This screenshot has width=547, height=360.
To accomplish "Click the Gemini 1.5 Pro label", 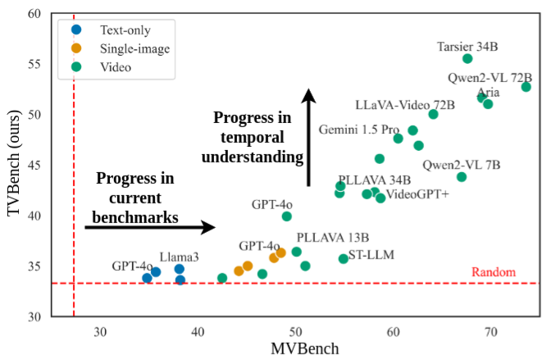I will point(358,130).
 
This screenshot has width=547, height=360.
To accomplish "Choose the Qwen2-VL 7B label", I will point(462,164).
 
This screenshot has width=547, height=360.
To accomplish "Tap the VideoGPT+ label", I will point(417,194).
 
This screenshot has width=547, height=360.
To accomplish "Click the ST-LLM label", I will point(371,255).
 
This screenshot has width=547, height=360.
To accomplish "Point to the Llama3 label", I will point(180,257).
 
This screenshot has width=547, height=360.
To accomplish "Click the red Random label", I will point(494,272).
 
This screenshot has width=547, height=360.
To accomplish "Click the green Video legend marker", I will point(77,66).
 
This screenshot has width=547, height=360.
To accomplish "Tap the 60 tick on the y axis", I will point(34,14).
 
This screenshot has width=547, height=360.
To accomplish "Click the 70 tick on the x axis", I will point(490,331).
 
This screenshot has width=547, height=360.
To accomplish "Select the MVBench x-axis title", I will point(304,349).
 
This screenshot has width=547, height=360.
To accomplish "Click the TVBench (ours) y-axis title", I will point(13,165).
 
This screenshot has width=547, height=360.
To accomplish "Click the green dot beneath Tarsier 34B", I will point(467,58).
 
